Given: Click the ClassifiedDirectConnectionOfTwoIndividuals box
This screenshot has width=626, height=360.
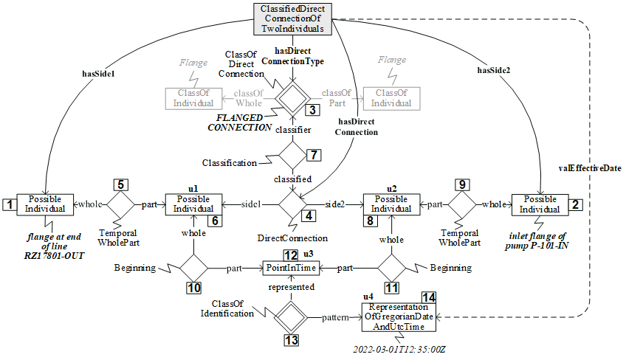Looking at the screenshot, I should tap(292, 19).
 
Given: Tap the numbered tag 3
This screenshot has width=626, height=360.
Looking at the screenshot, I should tap(312, 110).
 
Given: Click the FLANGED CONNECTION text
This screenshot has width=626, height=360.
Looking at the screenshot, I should tap(244, 122).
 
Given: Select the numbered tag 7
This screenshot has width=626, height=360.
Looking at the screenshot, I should tap(313, 155).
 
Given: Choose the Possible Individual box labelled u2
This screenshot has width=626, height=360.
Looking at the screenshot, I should tap(391, 204).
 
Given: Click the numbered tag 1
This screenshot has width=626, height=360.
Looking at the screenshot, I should tap(8, 204).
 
